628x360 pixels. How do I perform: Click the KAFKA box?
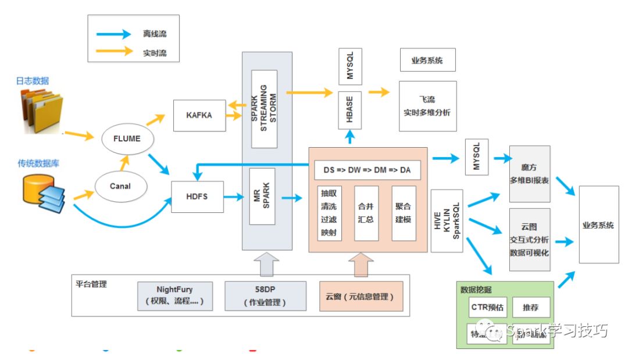[199, 115]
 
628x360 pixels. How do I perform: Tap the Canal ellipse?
[120, 186]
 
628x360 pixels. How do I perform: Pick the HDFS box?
[198, 197]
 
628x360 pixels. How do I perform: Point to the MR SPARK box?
[262, 196]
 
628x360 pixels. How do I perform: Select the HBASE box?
[350, 110]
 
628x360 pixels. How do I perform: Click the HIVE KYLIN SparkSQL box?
[447, 220]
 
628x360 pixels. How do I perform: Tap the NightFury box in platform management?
[174, 296]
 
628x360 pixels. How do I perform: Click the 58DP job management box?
[265, 296]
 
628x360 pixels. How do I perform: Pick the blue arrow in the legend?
[114, 34]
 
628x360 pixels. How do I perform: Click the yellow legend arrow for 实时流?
[114, 51]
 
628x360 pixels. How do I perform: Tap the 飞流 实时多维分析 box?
[427, 106]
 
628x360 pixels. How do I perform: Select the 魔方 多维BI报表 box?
[529, 174]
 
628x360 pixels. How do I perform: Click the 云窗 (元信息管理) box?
[361, 296]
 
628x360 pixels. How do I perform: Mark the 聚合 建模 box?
[404, 213]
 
